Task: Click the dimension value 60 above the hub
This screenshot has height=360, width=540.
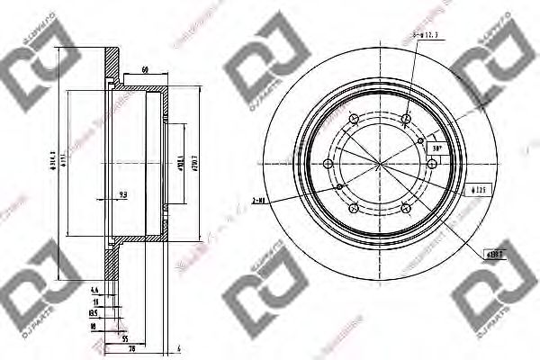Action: point(145,69)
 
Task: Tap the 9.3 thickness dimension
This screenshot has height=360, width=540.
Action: point(122,192)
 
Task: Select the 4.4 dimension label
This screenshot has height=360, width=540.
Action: point(94,289)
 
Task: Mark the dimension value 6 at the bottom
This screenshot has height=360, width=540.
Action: point(179,348)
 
